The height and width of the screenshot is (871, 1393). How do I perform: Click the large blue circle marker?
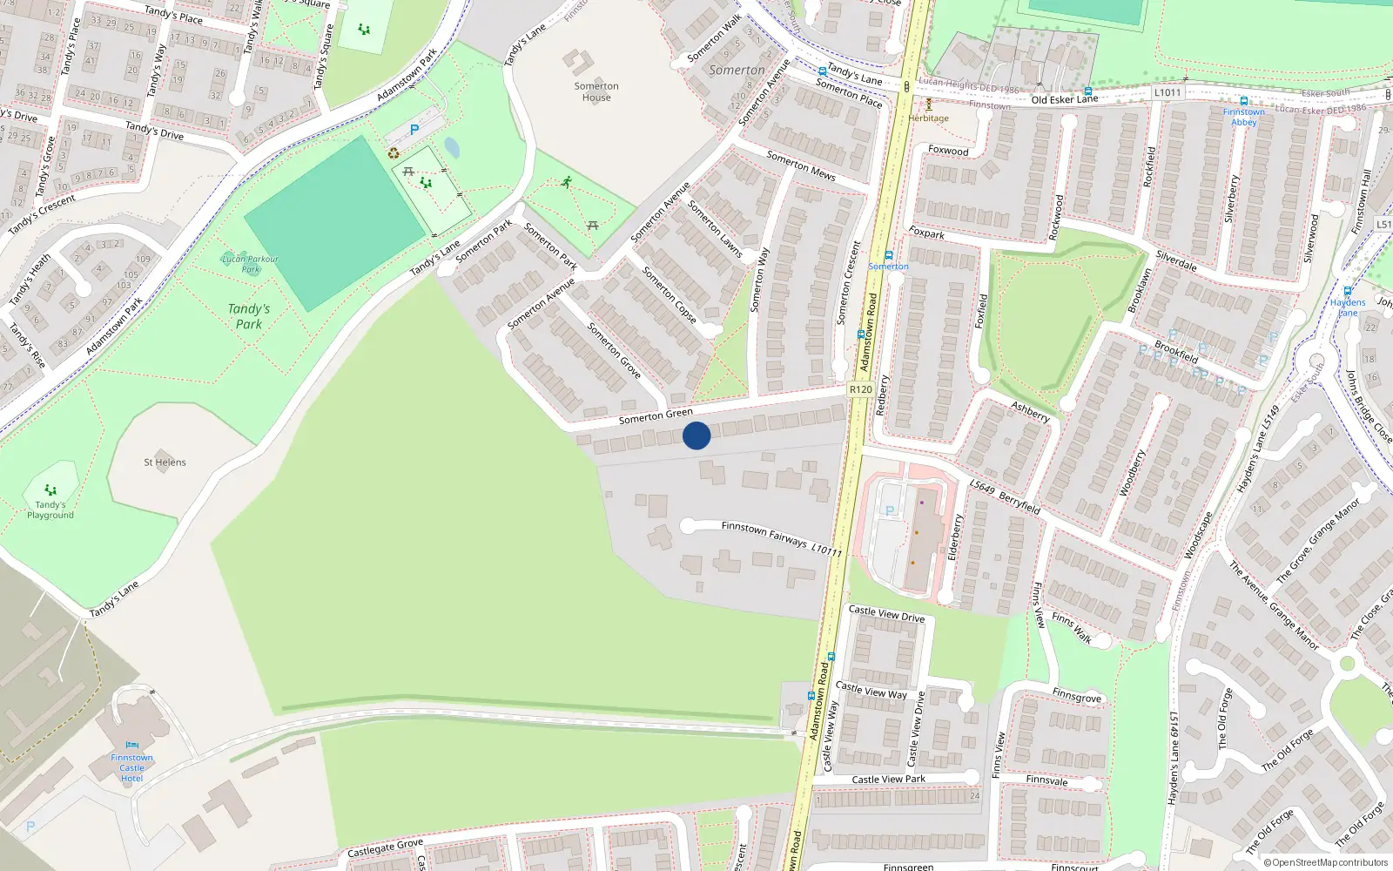pos(696,435)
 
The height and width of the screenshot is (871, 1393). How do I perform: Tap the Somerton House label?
pos(596,91)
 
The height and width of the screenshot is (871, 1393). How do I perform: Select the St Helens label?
pos(165,463)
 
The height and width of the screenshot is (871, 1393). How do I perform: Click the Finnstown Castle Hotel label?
pos(131,767)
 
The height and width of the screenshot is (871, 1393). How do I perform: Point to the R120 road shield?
pos(860,389)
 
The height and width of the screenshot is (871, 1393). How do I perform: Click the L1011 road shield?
pos(1168,92)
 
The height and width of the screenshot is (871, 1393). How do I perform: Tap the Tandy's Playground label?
pos(50,510)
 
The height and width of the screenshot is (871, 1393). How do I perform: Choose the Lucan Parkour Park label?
pos(250,263)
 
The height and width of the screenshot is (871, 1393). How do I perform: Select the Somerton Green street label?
pos(656,416)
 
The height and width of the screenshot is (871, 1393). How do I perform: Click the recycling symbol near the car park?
pos(394,154)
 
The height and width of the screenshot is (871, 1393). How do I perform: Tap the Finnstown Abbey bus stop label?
pos(1243,117)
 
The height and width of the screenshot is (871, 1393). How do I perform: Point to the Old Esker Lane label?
pos(1064,99)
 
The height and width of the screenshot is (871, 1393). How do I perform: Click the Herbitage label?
pos(929,118)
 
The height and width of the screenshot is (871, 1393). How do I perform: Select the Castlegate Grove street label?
pos(385,847)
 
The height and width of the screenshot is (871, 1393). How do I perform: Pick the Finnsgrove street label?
pos(1076,696)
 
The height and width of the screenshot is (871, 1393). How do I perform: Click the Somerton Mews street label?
pos(800,165)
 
